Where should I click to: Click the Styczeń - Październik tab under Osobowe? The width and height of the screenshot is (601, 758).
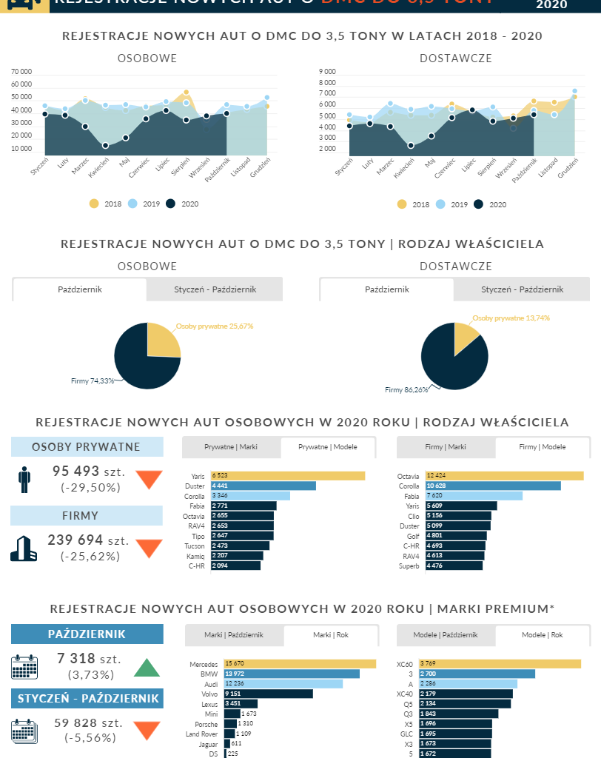click(x=215, y=289)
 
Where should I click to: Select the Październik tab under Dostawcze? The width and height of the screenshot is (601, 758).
click(x=386, y=289)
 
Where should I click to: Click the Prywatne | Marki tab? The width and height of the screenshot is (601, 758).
click(x=232, y=447)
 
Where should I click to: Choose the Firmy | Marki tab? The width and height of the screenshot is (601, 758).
click(x=446, y=447)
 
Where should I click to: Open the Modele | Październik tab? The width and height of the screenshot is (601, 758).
click(x=446, y=635)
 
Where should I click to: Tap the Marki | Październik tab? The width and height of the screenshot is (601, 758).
click(x=235, y=635)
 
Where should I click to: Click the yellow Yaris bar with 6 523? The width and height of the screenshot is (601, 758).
click(x=288, y=475)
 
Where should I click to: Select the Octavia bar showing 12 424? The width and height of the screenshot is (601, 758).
click(x=501, y=475)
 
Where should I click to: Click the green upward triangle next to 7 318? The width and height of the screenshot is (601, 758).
click(x=147, y=668)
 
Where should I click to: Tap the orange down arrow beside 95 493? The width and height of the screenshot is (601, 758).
click(x=149, y=480)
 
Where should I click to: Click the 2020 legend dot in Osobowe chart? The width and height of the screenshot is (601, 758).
click(x=170, y=204)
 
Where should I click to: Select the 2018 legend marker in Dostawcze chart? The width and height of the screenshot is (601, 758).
click(x=402, y=204)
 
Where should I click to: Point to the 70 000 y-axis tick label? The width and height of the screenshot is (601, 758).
click(x=21, y=72)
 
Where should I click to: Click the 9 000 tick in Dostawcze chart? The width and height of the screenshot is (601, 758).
click(x=326, y=72)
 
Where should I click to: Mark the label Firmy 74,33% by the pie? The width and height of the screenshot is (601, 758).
click(x=93, y=380)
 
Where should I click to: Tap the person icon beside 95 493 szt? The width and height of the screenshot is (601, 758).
click(x=24, y=479)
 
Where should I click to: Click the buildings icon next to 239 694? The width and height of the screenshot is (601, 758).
click(x=24, y=548)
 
